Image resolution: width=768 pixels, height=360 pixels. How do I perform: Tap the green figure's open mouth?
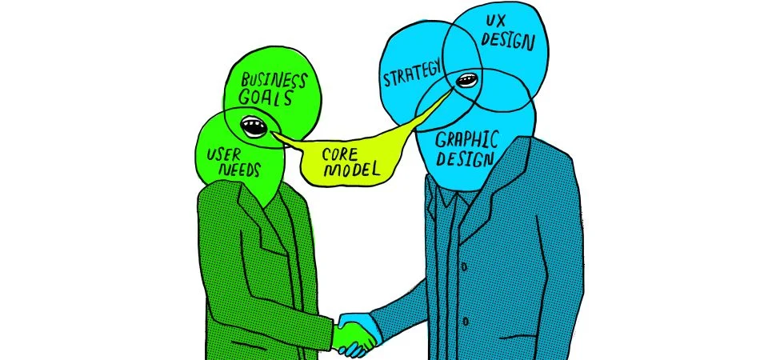(254, 126)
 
